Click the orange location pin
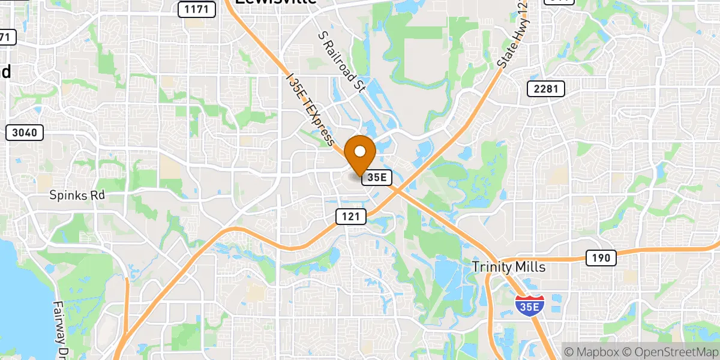coord(361,153)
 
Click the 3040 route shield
coord(25,133)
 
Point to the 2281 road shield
coord(545,89)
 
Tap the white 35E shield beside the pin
coord(377,177)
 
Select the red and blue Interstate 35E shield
coord(530,304)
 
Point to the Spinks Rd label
coord(77,196)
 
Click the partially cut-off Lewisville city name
coord(275,3)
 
